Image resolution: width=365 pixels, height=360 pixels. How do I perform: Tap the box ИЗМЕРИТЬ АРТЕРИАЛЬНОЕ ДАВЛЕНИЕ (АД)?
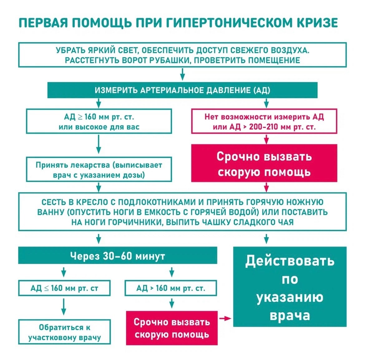click(x=182, y=90)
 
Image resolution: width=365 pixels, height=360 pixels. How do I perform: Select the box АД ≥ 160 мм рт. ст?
click(x=99, y=121)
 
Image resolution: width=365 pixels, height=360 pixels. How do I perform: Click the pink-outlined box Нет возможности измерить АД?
click(x=264, y=121)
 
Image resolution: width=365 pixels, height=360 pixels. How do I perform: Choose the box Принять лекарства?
click(x=99, y=169)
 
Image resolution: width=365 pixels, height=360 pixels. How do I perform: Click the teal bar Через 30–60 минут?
click(x=118, y=255)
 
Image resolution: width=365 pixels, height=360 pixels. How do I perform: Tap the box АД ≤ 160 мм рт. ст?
click(x=64, y=288)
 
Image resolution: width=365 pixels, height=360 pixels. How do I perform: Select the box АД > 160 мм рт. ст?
click(x=171, y=288)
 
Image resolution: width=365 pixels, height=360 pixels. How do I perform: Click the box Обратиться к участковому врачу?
click(x=64, y=332)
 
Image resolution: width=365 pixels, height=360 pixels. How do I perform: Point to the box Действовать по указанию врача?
click(x=290, y=287)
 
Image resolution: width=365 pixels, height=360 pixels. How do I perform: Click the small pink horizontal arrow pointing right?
click(x=225, y=318)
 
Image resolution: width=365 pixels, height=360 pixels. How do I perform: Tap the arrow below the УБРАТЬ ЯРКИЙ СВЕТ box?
click(x=182, y=74)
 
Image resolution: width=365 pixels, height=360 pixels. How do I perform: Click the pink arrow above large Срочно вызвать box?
click(x=266, y=139)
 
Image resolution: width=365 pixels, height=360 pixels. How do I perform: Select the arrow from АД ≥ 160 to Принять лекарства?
click(x=99, y=144)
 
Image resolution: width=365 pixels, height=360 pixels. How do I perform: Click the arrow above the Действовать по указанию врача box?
click(x=266, y=239)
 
